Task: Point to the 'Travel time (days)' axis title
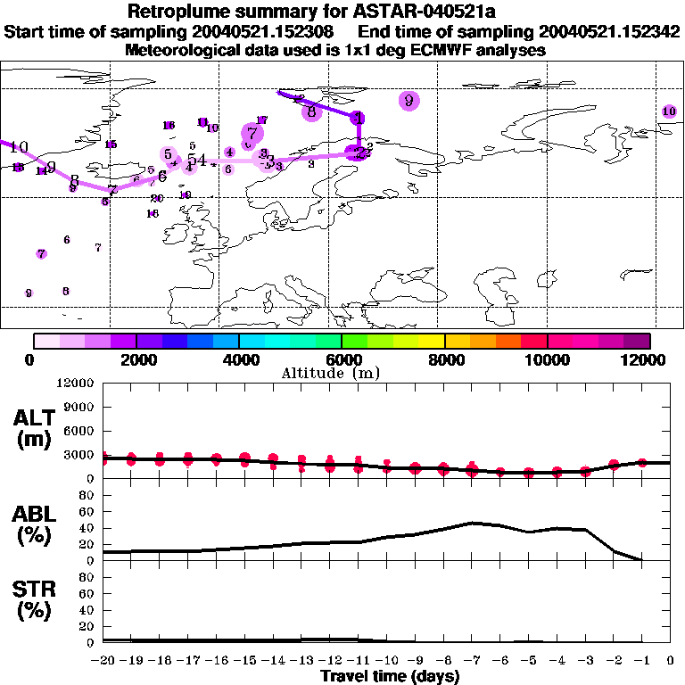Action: pos(390,676)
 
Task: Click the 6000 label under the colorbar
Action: pos(342,359)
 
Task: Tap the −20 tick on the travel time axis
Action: pos(103,661)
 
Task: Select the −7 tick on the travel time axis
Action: pos(472,661)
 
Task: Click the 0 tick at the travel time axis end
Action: pos(671,661)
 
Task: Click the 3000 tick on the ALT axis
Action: pos(78,454)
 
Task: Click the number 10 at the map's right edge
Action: pos(669,111)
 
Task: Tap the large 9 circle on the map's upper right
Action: pos(409,100)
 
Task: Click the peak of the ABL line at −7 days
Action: pos(472,523)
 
